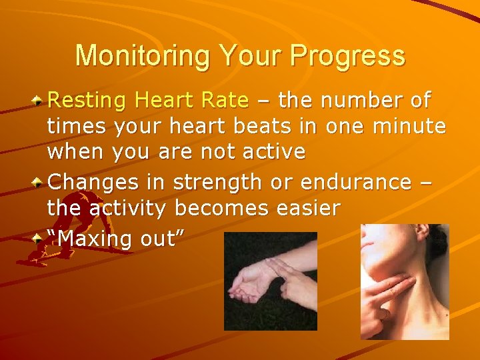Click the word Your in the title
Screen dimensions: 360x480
click(237, 56)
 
